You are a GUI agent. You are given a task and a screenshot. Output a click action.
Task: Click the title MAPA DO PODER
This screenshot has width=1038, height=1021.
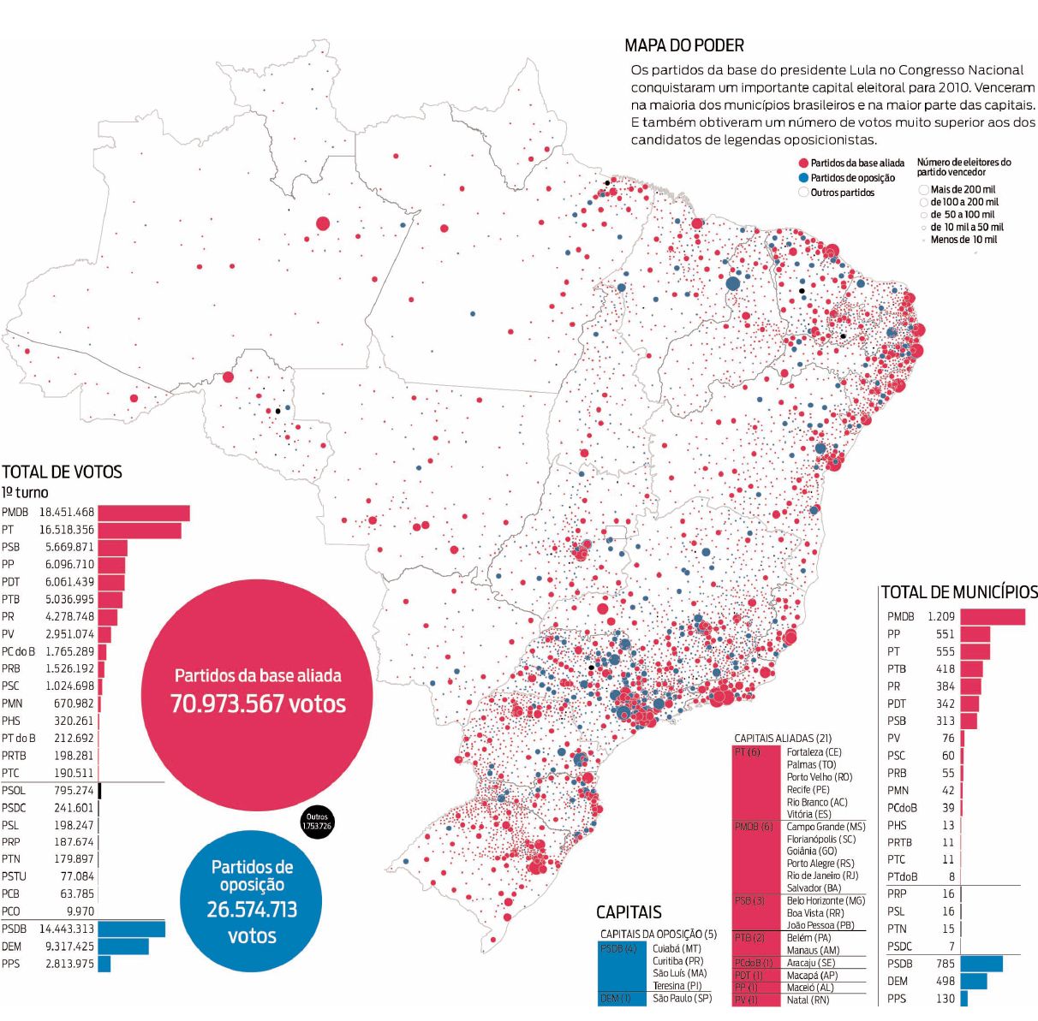click(x=683, y=45)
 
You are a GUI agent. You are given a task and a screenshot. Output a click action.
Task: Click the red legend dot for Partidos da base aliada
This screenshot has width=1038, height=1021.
click(x=802, y=163)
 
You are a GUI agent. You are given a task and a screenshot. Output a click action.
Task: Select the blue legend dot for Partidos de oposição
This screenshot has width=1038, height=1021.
click(x=802, y=178)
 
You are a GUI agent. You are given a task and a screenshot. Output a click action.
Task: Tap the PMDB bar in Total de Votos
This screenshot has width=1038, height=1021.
click(x=143, y=513)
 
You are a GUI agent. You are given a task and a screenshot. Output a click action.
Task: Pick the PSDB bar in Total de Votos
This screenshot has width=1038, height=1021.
click(x=131, y=929)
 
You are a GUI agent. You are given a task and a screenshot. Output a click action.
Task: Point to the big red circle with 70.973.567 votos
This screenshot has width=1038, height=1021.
click(x=257, y=692)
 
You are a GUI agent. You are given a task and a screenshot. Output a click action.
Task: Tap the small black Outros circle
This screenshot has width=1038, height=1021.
click(x=317, y=823)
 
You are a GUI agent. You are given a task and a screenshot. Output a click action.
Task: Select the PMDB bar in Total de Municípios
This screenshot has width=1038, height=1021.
click(x=992, y=617)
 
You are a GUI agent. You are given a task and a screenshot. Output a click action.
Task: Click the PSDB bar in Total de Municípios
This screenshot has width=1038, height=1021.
click(x=981, y=964)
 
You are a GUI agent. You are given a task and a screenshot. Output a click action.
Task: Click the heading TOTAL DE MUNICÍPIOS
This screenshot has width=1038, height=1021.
click(x=958, y=592)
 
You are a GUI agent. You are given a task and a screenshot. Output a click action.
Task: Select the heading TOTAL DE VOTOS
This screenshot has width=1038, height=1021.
click(x=62, y=472)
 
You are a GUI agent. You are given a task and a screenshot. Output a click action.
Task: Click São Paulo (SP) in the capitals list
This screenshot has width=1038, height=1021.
click(x=682, y=998)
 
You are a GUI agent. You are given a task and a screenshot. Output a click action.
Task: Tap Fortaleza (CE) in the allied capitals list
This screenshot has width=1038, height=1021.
click(x=814, y=752)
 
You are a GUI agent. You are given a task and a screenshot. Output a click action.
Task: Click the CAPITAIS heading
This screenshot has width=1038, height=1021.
click(x=629, y=912)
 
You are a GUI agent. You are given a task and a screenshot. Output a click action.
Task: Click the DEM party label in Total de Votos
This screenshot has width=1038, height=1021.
click(x=12, y=947)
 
